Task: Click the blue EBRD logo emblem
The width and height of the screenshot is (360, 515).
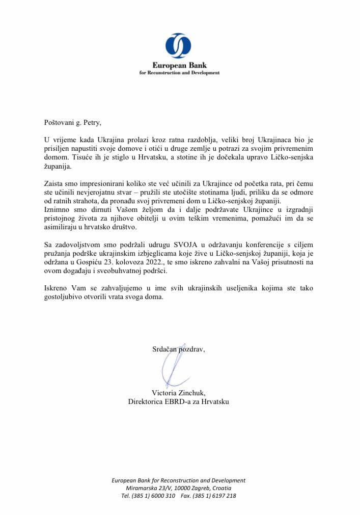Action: point(178,46)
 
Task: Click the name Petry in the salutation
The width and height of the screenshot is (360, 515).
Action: point(90,122)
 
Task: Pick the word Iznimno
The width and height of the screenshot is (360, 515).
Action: point(57,210)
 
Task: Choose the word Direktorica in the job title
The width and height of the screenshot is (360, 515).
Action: point(148,401)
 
